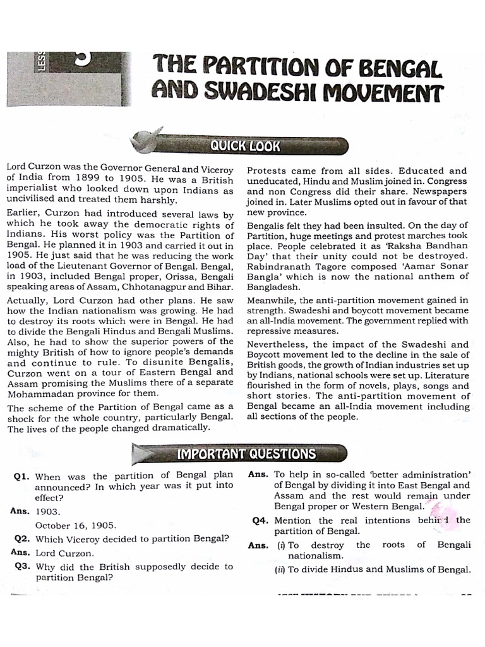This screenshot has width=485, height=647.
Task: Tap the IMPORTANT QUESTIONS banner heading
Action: click(x=246, y=453)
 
